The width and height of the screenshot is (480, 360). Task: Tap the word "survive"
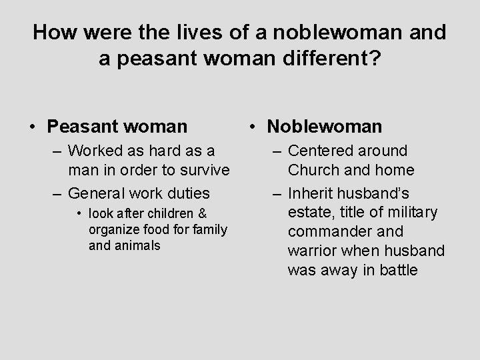pyautogui.click(x=202, y=170)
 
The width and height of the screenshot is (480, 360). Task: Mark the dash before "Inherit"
pyautogui.click(x=277, y=194)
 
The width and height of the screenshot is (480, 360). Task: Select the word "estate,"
pyautogui.click(x=311, y=213)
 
